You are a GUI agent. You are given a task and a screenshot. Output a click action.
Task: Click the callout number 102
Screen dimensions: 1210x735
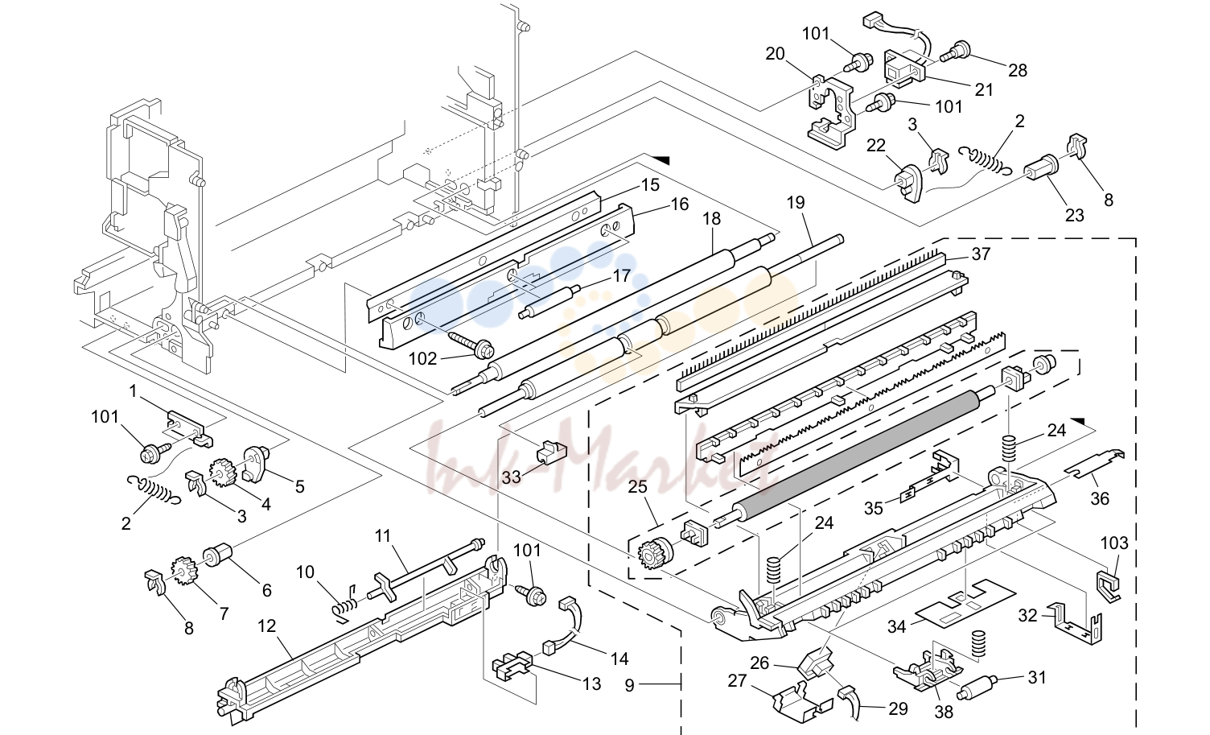(x=422, y=359)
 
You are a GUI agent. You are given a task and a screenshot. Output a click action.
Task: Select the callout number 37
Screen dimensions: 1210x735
(x=981, y=254)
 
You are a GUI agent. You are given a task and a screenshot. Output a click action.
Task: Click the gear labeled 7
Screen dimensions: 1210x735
(x=183, y=571)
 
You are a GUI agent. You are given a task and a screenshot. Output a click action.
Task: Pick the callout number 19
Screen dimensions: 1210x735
(x=796, y=203)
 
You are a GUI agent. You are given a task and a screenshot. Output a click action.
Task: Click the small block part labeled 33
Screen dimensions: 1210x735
(x=551, y=451)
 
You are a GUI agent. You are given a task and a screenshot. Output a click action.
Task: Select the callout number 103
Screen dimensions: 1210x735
(x=1114, y=543)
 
